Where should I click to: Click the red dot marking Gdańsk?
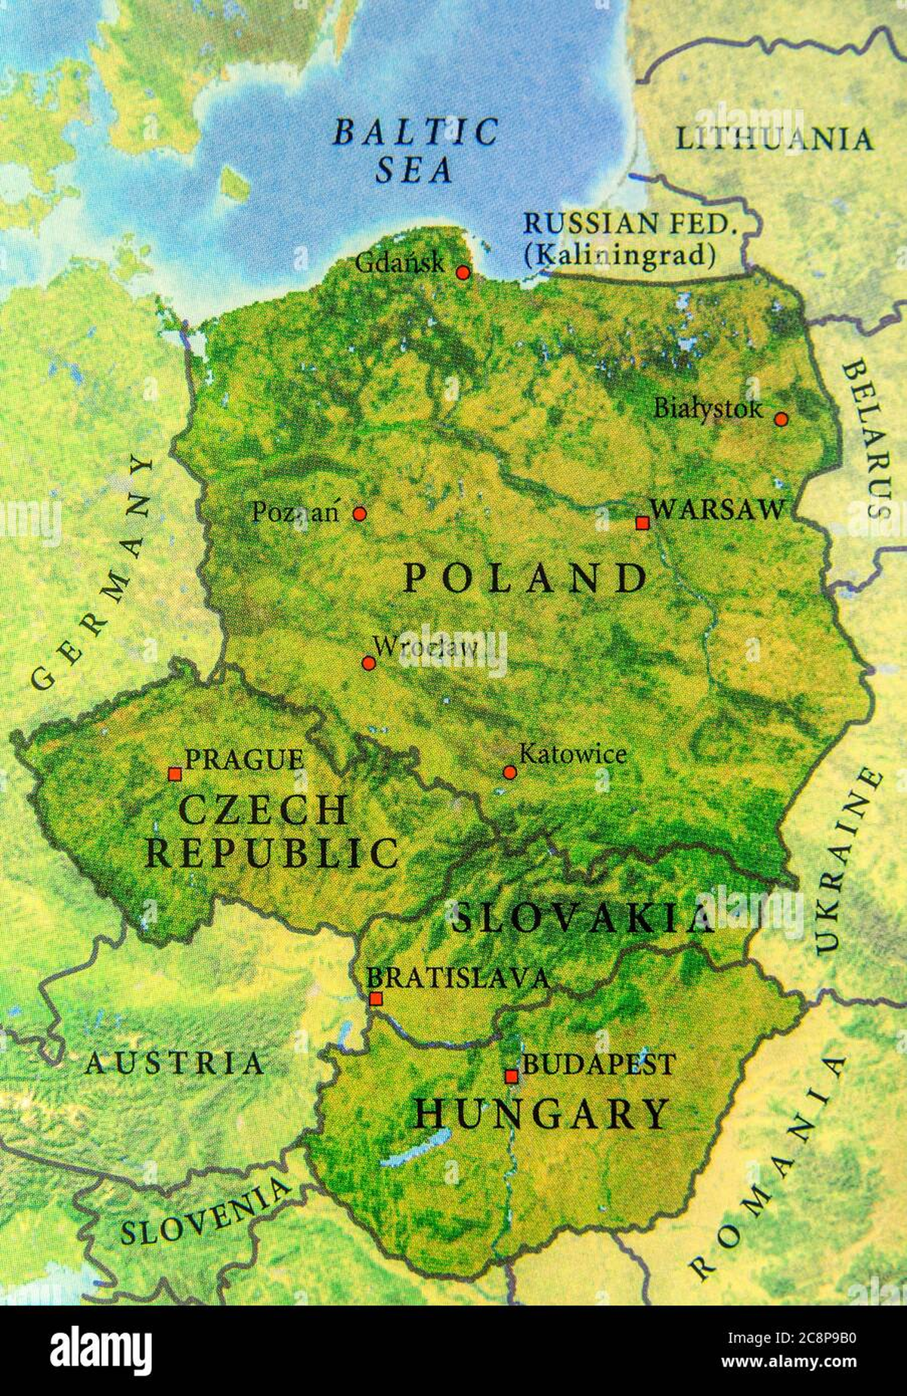463,272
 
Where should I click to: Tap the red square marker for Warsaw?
642,522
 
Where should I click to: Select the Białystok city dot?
781,419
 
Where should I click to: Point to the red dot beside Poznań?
360,514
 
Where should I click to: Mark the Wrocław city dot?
368,663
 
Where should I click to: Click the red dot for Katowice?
509,772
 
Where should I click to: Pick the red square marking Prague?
175,773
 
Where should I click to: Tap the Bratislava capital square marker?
376,998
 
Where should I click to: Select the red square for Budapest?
512,1076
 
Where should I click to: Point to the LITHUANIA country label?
773,139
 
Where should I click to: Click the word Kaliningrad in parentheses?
620,255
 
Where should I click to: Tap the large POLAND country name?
525,579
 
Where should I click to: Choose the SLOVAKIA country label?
582,918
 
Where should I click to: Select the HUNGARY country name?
541,1113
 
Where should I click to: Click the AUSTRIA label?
175,1063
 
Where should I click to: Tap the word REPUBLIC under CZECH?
272,853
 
